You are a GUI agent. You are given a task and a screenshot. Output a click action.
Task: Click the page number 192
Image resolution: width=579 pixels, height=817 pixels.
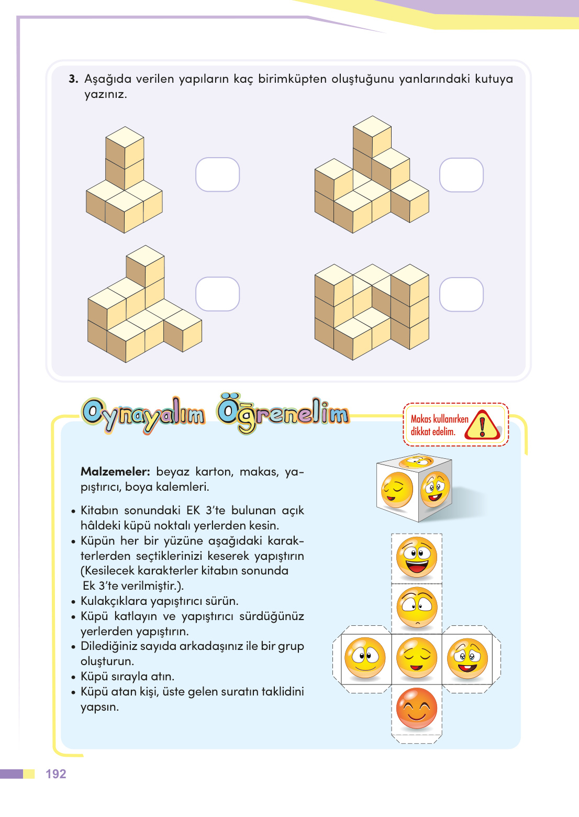point(55,774)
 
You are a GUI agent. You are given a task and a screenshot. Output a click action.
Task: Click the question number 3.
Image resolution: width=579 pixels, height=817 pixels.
point(73,79)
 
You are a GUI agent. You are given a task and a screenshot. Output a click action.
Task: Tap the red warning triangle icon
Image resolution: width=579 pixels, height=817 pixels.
point(482,425)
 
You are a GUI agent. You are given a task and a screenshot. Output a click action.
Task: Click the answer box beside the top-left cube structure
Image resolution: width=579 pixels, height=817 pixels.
point(217,174)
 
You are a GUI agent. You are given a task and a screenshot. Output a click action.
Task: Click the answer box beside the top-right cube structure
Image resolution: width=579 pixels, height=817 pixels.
point(461,175)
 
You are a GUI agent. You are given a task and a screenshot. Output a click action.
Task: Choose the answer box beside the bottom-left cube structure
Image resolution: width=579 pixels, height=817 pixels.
point(217,294)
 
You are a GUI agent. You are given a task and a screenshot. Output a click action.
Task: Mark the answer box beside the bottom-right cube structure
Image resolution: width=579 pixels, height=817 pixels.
point(461,294)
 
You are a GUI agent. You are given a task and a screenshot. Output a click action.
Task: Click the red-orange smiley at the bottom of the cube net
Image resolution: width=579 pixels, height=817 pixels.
point(417,709)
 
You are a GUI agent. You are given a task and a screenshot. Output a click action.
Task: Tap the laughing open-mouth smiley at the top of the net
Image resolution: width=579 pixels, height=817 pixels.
point(417,557)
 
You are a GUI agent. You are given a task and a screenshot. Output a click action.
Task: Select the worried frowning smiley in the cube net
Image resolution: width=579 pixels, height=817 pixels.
point(417,608)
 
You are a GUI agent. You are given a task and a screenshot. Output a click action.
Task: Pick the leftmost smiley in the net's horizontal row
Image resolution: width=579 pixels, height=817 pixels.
point(365,658)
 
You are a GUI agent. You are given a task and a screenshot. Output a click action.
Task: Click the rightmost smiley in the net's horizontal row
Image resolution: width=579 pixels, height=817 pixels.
point(467,658)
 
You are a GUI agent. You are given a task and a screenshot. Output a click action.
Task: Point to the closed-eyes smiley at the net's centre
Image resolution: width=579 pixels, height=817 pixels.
point(417,658)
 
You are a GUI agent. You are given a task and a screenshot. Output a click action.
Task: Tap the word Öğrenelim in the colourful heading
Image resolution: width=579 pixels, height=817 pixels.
point(283,414)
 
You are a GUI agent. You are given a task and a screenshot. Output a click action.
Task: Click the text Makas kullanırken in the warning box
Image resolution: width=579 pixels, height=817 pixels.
point(439,419)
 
